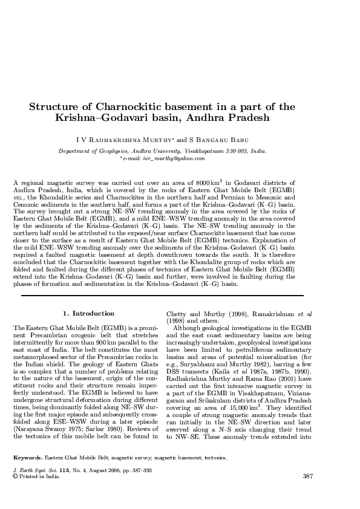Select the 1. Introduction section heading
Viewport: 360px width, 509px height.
pyautogui.click(x=89, y=313)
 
